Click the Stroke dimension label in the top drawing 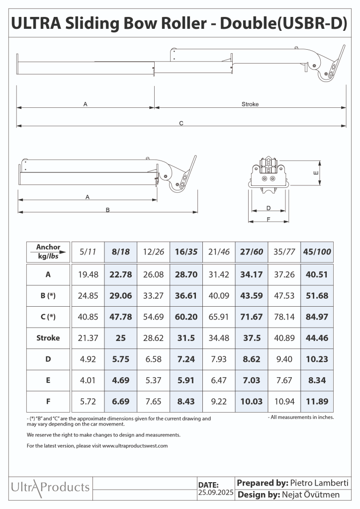click(x=250, y=104)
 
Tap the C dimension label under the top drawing click(x=181, y=123)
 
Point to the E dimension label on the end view click(x=316, y=173)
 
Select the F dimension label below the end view click(x=269, y=218)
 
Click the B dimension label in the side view click(x=107, y=210)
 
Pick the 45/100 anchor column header click(x=317, y=252)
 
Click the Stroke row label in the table click(x=48, y=338)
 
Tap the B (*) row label click(x=48, y=295)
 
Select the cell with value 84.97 click(x=317, y=317)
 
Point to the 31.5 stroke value click(x=186, y=338)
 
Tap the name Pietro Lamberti click(x=319, y=483)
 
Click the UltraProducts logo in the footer click(x=50, y=487)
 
